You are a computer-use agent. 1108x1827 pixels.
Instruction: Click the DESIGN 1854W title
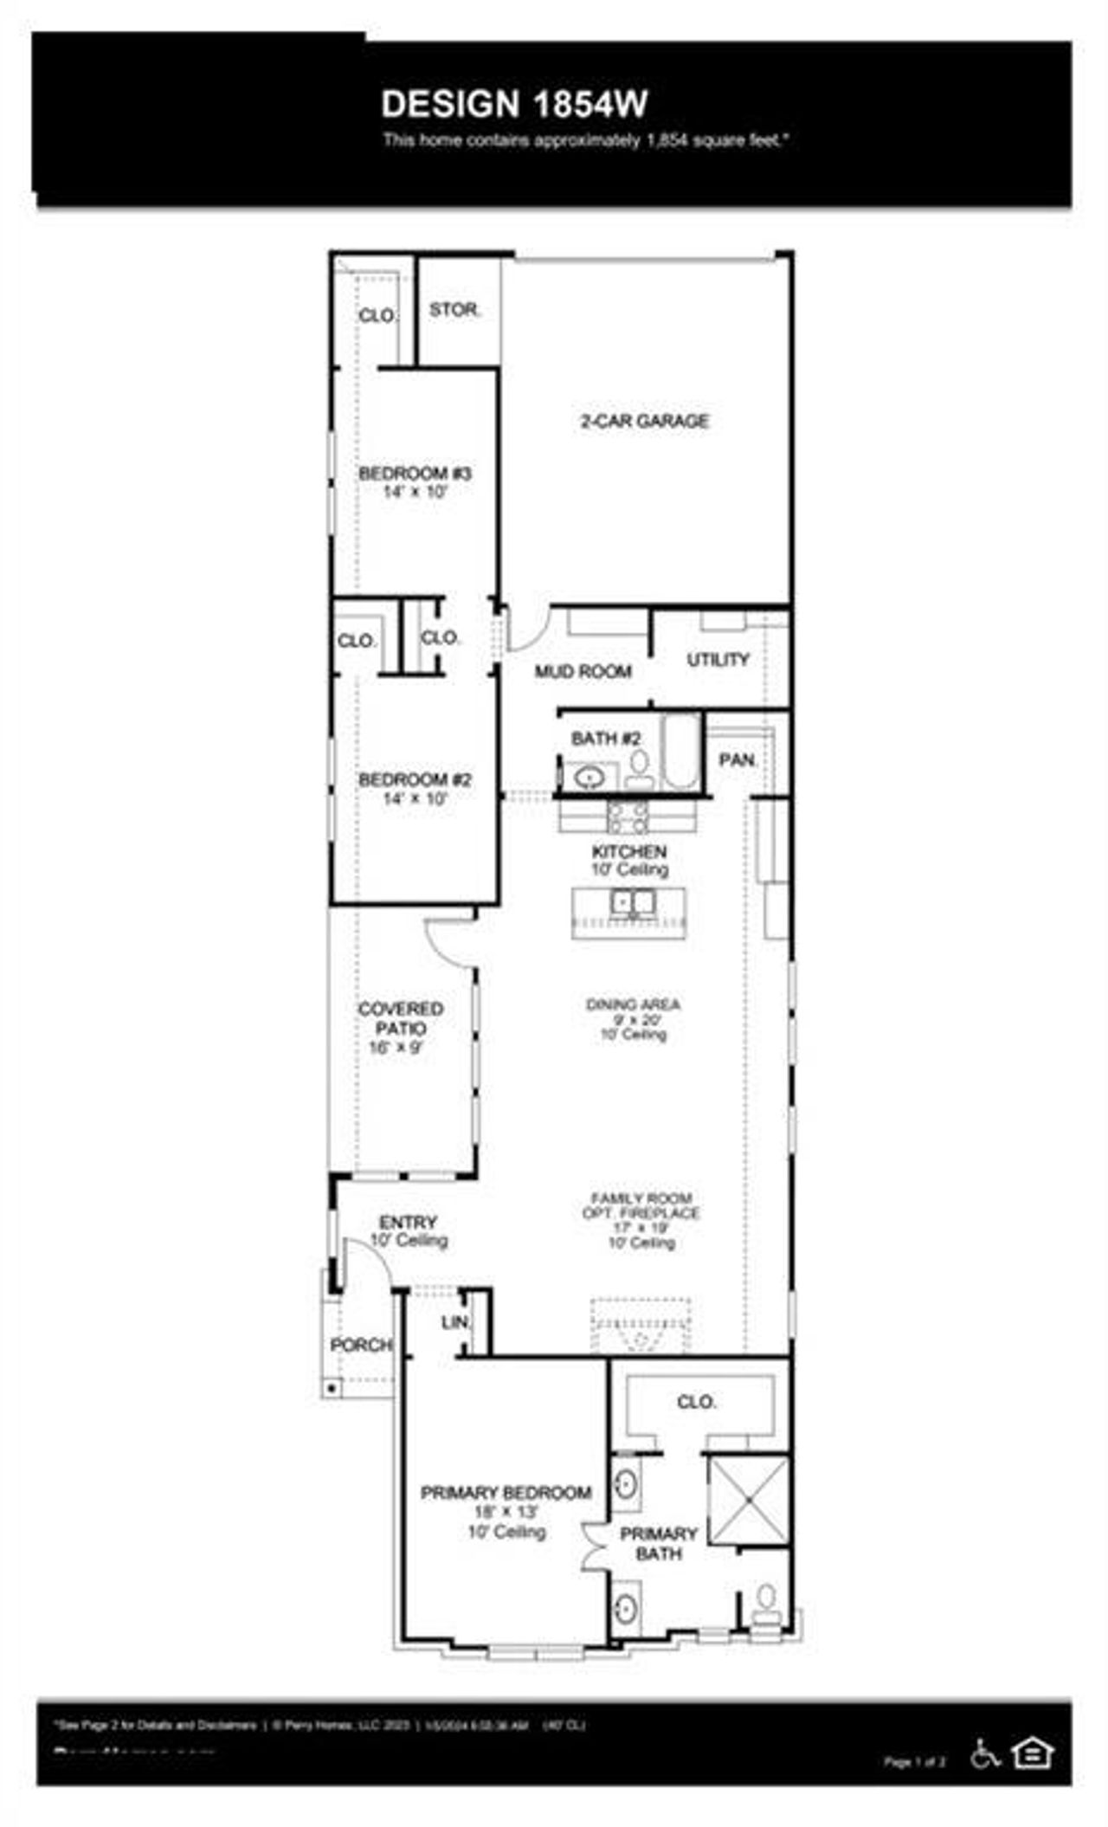click(514, 104)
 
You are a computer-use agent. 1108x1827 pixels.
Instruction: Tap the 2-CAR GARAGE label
click(644, 421)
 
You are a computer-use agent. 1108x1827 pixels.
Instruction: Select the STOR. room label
click(454, 309)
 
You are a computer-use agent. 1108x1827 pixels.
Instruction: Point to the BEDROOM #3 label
click(415, 474)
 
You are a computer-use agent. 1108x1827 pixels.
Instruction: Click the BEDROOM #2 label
click(415, 780)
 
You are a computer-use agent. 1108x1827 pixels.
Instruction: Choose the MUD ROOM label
click(583, 671)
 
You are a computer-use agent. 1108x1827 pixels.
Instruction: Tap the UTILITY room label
click(718, 660)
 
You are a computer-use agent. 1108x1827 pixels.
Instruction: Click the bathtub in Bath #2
click(680, 751)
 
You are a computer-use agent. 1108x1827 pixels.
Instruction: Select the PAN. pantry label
click(738, 760)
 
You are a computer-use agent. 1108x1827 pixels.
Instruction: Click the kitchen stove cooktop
click(628, 816)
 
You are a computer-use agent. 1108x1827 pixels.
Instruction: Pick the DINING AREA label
click(633, 1004)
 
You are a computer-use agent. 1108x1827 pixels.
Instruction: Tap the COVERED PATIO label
click(400, 1018)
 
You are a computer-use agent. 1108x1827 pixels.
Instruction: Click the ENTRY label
click(408, 1223)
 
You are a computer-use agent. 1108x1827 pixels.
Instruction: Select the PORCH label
click(361, 1345)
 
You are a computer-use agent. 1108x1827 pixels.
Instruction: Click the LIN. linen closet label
click(455, 1322)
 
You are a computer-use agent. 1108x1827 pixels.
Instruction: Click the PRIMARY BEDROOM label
click(506, 1493)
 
